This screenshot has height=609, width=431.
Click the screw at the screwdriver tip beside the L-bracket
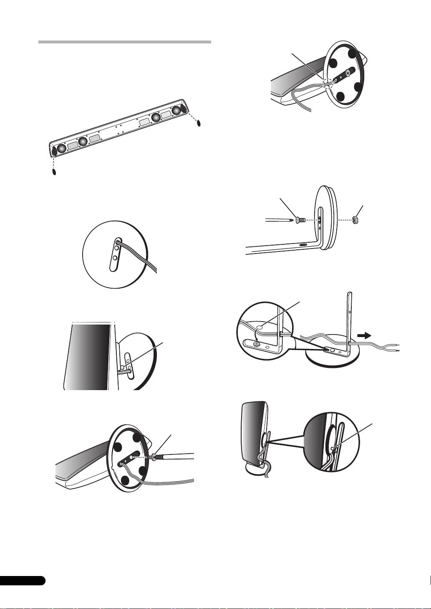300,219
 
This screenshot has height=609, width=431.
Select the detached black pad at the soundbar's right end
199,123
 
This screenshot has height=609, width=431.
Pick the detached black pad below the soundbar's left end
54,172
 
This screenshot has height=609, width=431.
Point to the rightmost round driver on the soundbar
177,110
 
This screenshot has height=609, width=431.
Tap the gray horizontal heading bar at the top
124,42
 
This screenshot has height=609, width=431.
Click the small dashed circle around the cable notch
326,83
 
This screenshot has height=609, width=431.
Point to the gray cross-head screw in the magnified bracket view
257,343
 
